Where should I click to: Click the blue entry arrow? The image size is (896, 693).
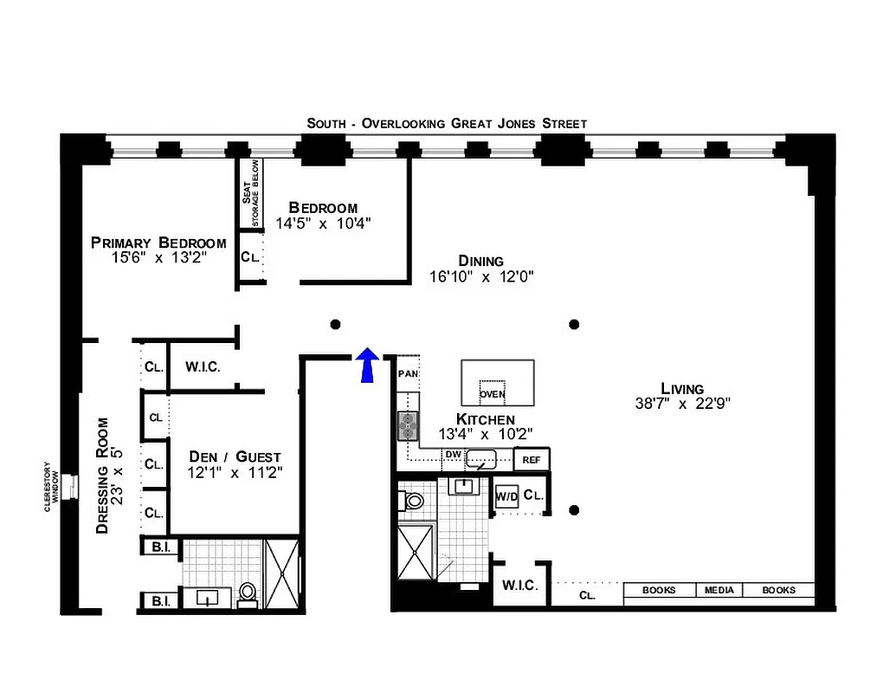367,365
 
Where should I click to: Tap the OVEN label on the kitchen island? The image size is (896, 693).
492,394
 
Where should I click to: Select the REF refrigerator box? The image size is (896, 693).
531,460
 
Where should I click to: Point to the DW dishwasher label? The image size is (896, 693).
453,454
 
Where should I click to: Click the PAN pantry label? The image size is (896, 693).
407,374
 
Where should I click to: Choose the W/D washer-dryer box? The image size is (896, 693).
506,497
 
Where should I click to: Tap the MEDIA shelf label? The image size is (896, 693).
719,591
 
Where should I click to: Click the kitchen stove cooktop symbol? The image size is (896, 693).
408,425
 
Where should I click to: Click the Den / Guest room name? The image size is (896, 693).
235,457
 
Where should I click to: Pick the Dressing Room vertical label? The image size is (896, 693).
103,476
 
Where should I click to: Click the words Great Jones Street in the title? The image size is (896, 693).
519,123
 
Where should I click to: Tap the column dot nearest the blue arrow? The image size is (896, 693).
336,324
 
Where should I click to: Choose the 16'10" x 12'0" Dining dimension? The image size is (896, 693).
481,277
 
